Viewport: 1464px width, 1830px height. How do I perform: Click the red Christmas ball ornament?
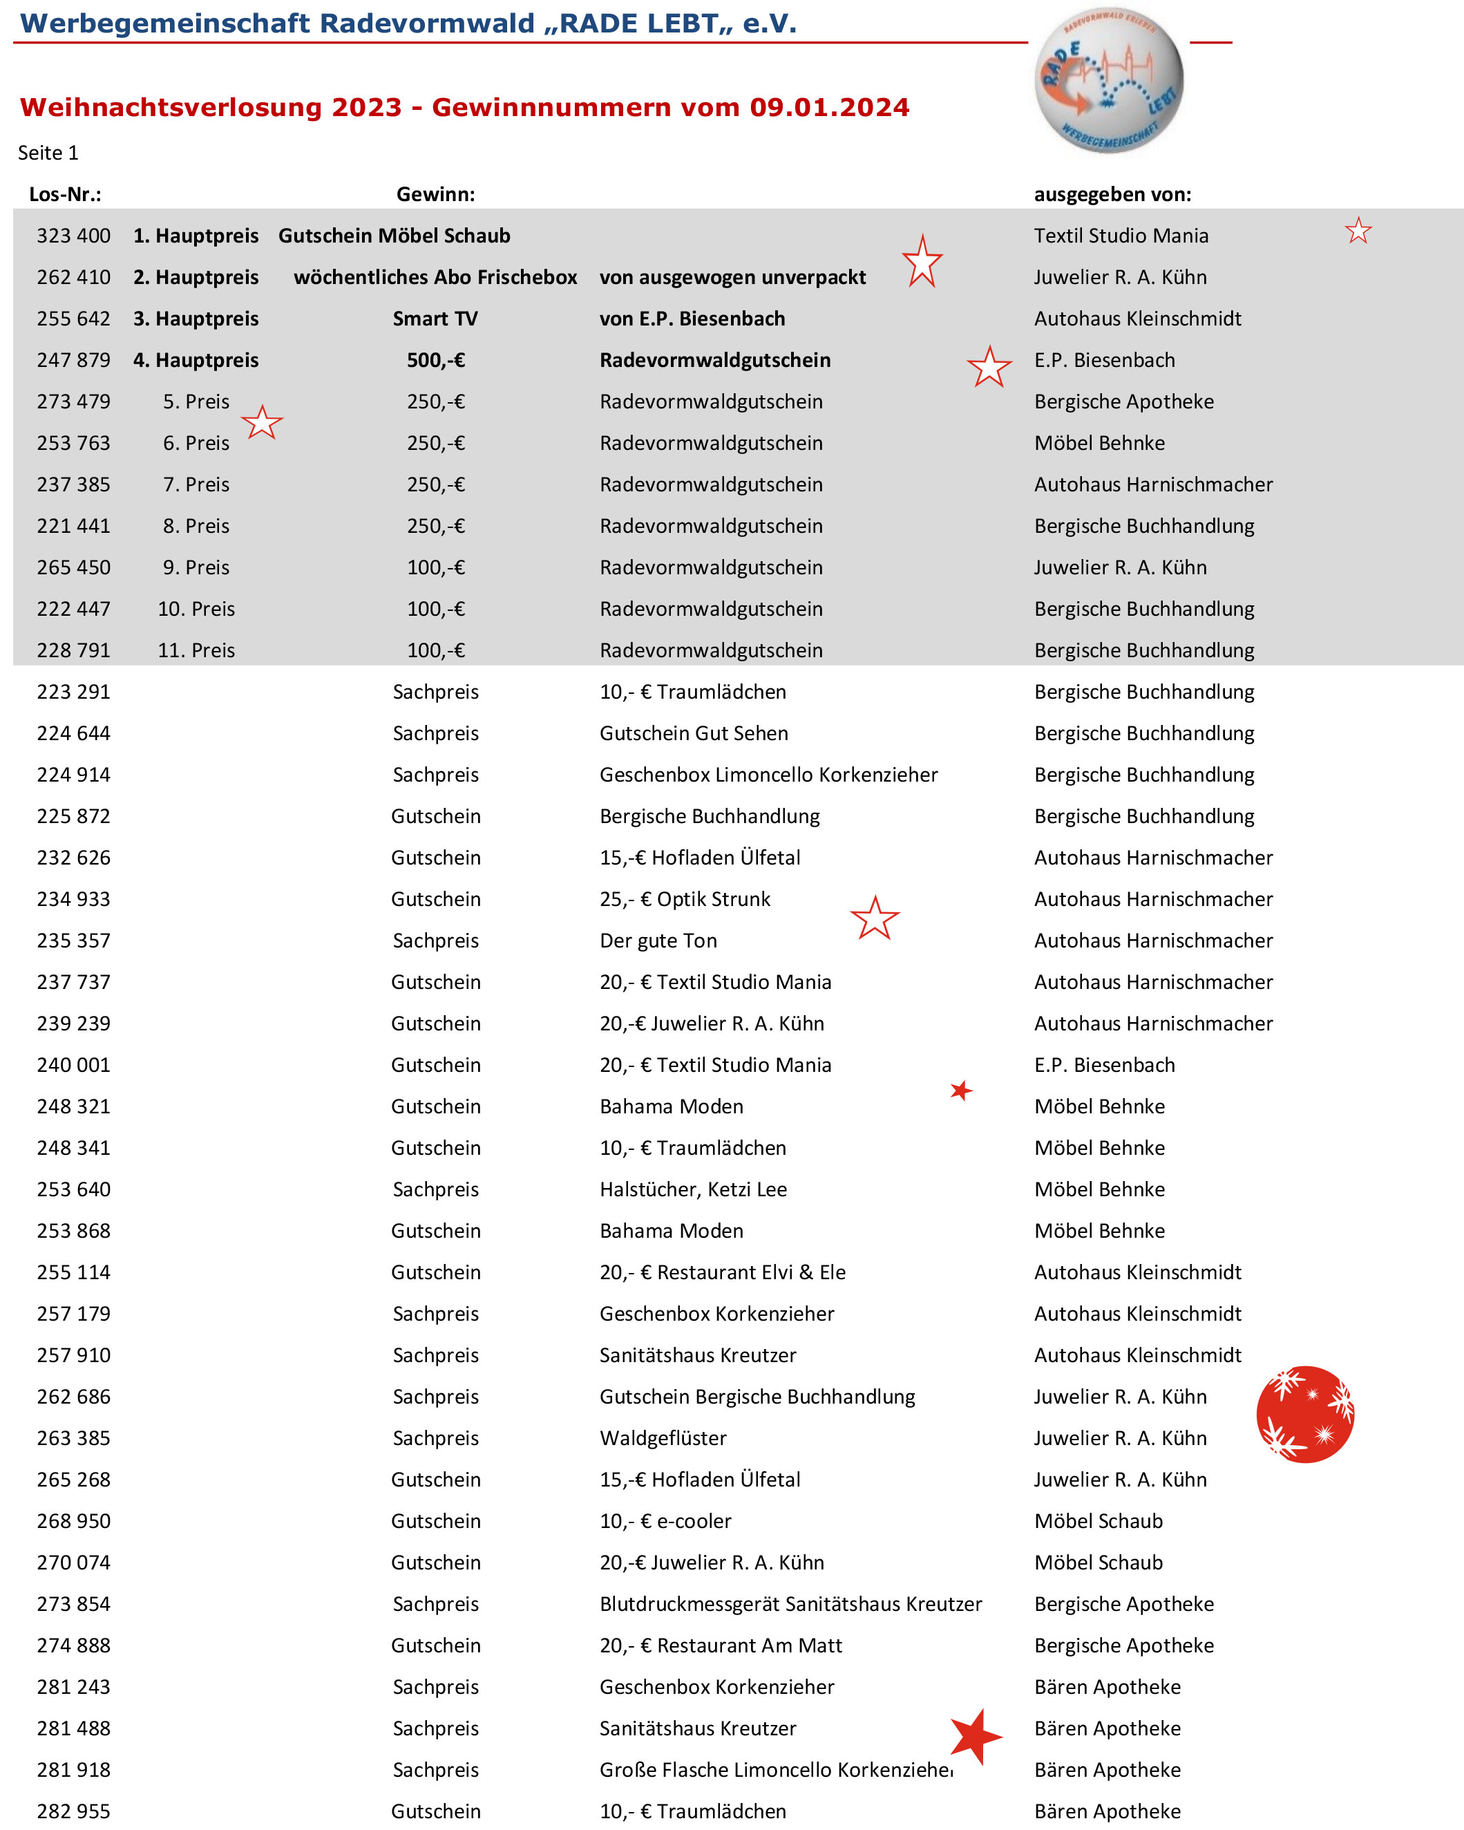1304,1414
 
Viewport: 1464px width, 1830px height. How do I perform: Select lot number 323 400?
73,236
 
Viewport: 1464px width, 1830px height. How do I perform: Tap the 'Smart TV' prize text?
435,319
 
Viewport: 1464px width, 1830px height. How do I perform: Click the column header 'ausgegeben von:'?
1112,194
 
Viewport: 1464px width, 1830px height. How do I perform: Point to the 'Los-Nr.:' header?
66,194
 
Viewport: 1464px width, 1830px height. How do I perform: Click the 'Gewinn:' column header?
435,194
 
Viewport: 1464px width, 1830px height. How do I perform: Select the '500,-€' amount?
435,361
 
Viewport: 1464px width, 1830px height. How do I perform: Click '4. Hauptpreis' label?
196,361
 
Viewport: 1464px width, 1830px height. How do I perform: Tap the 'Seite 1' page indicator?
48,153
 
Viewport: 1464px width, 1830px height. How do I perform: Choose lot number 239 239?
73,1024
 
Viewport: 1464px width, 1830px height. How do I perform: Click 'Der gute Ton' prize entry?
658,941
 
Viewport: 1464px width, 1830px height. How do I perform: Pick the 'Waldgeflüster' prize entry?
663,1438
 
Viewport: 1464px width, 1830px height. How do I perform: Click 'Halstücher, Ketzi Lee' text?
692,1189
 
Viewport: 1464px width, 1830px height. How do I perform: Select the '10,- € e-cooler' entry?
665,1521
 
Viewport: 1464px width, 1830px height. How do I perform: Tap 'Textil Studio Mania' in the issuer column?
1120,236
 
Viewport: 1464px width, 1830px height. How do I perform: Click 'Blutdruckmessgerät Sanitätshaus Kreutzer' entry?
790,1603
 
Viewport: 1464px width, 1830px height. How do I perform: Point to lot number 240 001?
73,1065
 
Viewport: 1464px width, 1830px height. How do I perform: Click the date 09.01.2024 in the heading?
829,108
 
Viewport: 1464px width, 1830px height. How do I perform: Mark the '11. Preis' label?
196,651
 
